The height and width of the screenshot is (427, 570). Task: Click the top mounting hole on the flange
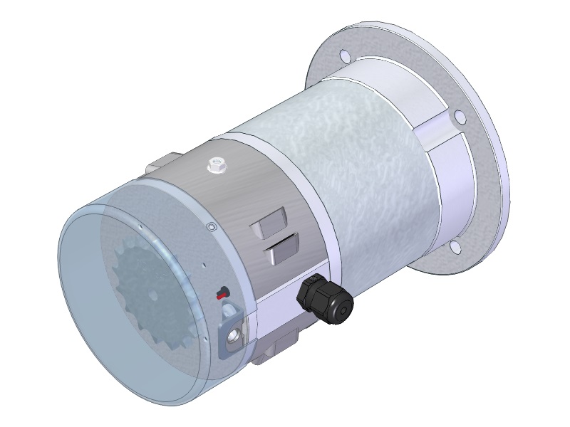(x=344, y=56)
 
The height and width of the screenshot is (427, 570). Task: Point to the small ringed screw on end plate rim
(x=210, y=227)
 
